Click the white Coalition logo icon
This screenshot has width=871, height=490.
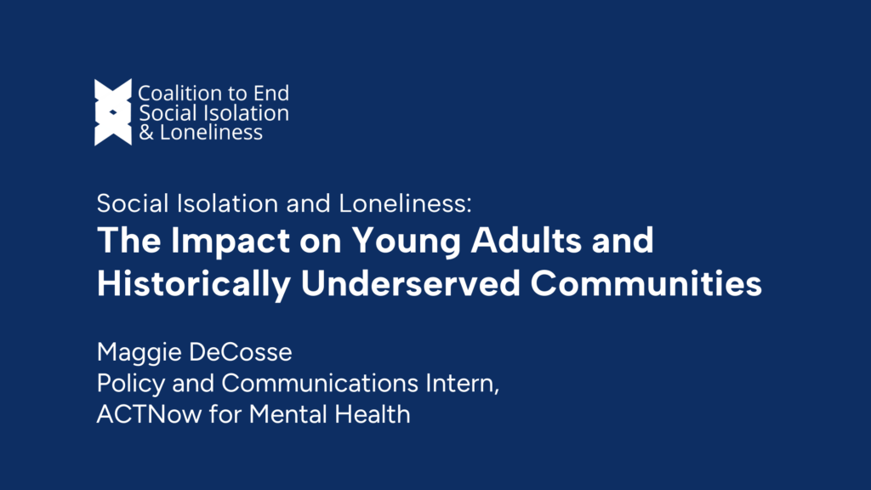113,112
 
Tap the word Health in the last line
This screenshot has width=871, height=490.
378,414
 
